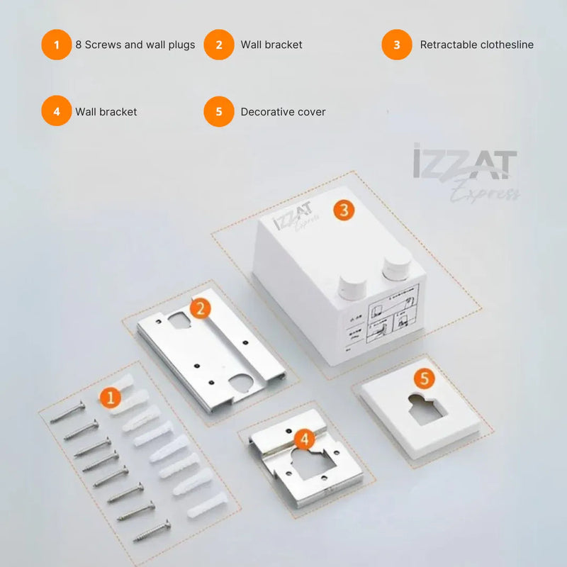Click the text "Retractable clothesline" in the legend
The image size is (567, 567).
pyautogui.click(x=476, y=45)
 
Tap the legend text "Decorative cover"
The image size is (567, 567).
pyautogui.click(x=283, y=112)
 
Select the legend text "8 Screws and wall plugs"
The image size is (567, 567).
pyautogui.click(x=135, y=45)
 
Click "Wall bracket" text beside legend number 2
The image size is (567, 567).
pyautogui.click(x=271, y=45)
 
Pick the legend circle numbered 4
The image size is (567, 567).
pyautogui.click(x=56, y=112)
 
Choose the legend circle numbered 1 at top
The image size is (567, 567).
pyautogui.click(x=56, y=45)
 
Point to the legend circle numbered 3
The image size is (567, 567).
pyautogui.click(x=397, y=45)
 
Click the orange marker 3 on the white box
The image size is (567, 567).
pyautogui.click(x=344, y=210)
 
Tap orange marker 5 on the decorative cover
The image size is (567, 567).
pyautogui.click(x=424, y=378)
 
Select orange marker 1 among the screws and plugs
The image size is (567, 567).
pyautogui.click(x=110, y=398)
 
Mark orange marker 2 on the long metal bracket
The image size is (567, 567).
pyautogui.click(x=201, y=308)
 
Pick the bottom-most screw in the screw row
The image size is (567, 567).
pyautogui.click(x=152, y=529)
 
